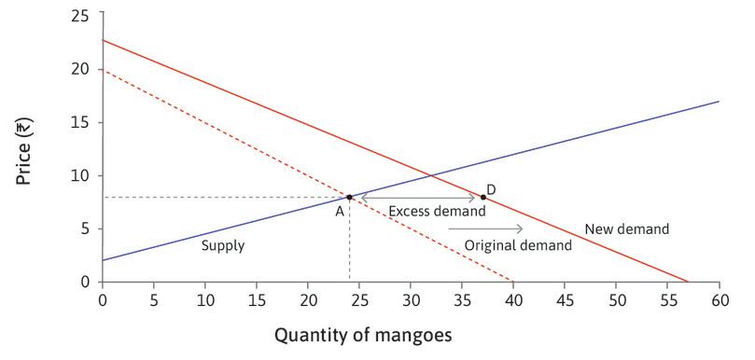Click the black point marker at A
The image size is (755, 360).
point(349,197)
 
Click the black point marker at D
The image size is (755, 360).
point(482,197)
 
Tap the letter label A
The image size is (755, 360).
point(341,212)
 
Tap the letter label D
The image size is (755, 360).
point(491,189)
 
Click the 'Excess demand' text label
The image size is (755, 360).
point(437,212)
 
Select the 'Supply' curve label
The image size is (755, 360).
point(223,246)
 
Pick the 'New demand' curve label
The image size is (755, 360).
point(626,228)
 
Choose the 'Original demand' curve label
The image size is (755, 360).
point(518,245)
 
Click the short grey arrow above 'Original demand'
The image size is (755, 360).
point(498,228)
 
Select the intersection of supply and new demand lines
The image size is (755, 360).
point(430,173)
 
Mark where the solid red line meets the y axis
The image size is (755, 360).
point(102,40)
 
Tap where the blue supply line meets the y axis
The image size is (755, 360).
point(102,260)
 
